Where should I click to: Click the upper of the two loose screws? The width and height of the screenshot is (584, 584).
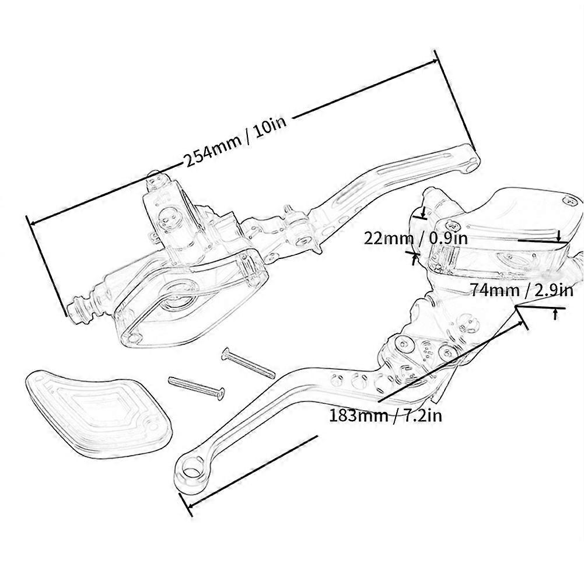(247, 362)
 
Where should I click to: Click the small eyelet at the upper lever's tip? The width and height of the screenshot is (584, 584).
(470, 167)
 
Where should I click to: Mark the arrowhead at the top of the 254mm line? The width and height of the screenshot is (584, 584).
(436, 57)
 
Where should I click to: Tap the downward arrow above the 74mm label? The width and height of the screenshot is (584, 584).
(559, 236)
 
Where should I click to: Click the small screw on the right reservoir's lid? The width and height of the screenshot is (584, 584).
(566, 201)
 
